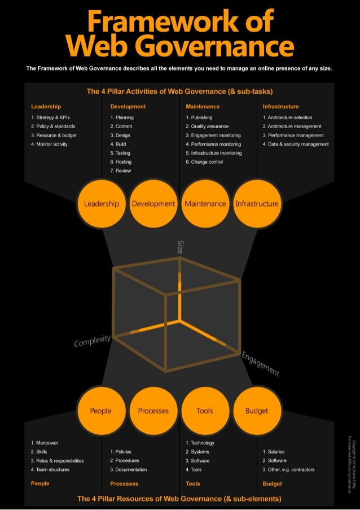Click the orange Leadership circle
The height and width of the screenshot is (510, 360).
(102, 204)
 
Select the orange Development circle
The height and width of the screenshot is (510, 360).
(153, 204)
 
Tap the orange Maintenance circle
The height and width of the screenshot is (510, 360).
(205, 204)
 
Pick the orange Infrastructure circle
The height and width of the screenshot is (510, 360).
(257, 204)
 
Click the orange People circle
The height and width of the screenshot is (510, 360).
(100, 411)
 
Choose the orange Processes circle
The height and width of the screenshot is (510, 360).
(153, 411)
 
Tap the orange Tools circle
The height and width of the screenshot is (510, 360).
(205, 411)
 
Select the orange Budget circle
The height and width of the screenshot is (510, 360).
(257, 411)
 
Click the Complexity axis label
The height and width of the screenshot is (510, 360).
(92, 341)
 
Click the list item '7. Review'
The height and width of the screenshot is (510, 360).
(121, 171)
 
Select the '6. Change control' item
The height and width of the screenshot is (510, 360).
(204, 162)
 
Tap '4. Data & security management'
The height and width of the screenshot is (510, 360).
(296, 144)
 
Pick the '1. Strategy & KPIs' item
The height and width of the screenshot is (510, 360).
(51, 117)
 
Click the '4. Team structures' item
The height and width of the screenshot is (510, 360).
(50, 469)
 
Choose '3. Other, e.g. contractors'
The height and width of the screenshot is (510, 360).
(288, 469)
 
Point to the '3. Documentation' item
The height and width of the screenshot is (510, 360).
(129, 469)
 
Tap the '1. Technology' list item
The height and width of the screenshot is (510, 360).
(200, 443)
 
